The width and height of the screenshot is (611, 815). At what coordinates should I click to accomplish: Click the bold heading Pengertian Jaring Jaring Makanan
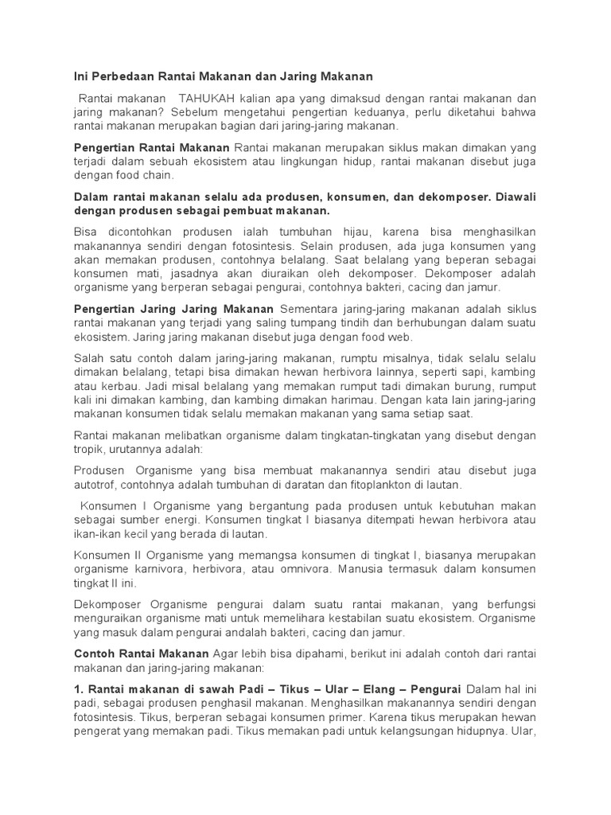click(173, 308)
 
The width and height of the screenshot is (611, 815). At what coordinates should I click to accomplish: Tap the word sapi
click(456, 372)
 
